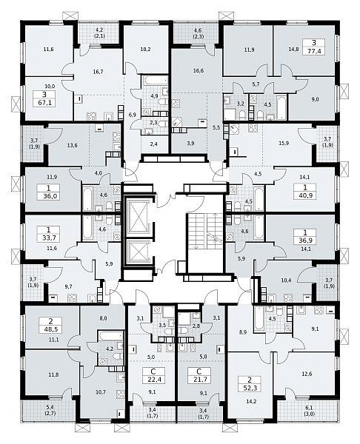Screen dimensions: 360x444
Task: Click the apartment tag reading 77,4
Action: [x=314, y=47]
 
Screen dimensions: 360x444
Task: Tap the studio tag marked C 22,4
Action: [x=153, y=375]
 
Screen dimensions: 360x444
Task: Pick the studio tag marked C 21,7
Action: [x=199, y=375]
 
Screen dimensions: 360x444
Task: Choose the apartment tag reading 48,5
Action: [x=51, y=326]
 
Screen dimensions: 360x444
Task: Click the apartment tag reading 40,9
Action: [x=305, y=192]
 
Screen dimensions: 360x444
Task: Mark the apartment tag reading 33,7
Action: [x=48, y=234]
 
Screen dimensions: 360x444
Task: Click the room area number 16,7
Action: [x=98, y=72]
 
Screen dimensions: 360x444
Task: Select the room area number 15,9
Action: [x=284, y=144]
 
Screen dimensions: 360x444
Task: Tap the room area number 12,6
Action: [x=307, y=374]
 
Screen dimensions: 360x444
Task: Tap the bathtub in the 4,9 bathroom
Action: [x=155, y=81]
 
